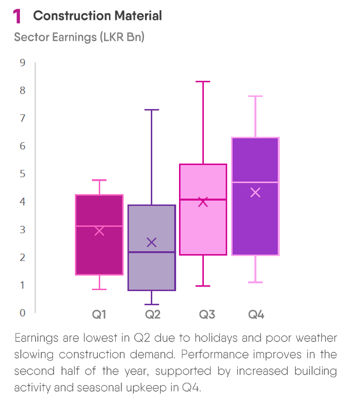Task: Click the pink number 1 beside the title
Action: coord(17,17)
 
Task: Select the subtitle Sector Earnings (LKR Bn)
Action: coord(79,37)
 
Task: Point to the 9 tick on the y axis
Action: coord(22,62)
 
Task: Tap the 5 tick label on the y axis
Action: coord(22,174)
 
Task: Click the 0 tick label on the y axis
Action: coord(22,313)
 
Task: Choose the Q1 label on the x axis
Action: coord(99,314)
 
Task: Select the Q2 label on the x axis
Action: coord(152,314)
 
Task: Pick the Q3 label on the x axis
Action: coord(207,314)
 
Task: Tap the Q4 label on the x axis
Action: coord(256,314)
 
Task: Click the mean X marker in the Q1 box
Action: coord(99,231)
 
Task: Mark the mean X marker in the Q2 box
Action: coord(152,242)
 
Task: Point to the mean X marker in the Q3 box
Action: coord(203,202)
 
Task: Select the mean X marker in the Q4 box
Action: coord(255,192)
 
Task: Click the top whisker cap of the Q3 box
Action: coord(203,82)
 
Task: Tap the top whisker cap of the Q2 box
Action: coord(152,110)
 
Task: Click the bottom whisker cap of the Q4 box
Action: coord(255,282)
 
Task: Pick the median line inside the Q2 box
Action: coord(152,252)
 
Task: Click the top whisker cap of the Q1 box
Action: coord(99,180)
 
